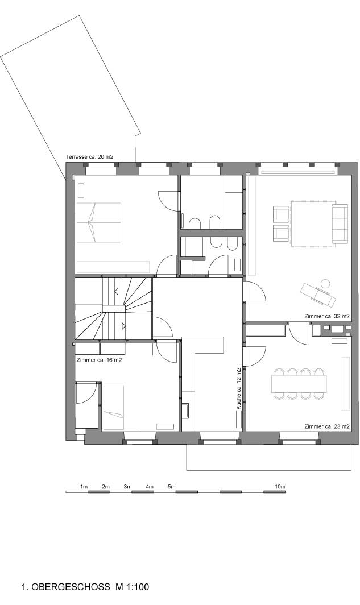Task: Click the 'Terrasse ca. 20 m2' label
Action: [x=89, y=157]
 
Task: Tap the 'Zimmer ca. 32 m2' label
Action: [x=327, y=316]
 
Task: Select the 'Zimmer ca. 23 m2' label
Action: [x=327, y=426]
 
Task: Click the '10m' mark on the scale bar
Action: [x=280, y=487]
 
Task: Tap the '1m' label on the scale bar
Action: [x=84, y=487]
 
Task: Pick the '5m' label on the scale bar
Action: [x=171, y=487]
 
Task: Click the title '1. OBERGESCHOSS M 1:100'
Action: [x=85, y=587]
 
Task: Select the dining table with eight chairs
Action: [x=299, y=384]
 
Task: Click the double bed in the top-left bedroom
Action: [x=99, y=222]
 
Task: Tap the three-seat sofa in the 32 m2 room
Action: [x=340, y=224]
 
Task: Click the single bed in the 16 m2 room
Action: [x=113, y=408]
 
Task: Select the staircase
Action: [x=113, y=309]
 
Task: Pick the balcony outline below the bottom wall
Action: [x=269, y=470]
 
